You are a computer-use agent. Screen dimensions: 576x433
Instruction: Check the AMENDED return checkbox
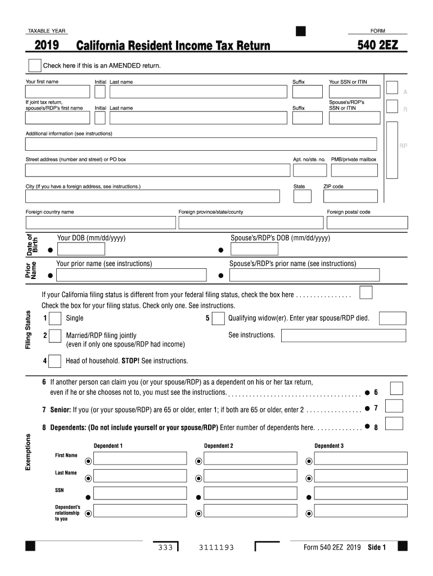coord(34,65)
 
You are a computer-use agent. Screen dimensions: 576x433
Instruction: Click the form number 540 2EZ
coord(377,45)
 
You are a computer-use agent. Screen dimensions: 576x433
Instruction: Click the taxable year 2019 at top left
coord(49,46)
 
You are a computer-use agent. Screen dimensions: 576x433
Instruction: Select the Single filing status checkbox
coord(55,318)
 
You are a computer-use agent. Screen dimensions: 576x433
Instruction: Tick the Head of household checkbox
coord(55,361)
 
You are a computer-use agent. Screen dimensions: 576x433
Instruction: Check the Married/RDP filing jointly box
coord(55,336)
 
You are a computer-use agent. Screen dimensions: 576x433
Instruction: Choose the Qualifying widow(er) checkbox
coord(218,318)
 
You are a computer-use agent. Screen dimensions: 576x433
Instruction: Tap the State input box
coord(303,196)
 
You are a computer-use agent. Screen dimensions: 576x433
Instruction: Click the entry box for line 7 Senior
coord(394,407)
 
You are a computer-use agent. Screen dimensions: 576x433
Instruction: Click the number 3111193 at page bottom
coord(216,548)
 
